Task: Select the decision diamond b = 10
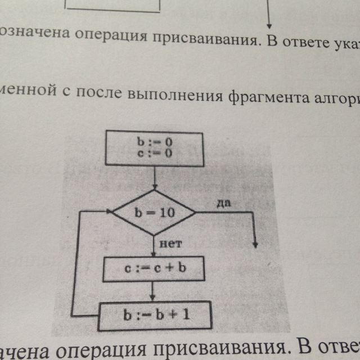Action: [x=154, y=213]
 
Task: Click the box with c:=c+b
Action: [x=153, y=270]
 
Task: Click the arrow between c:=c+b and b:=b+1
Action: [x=154, y=292]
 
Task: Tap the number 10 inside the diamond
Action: [x=166, y=214]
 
